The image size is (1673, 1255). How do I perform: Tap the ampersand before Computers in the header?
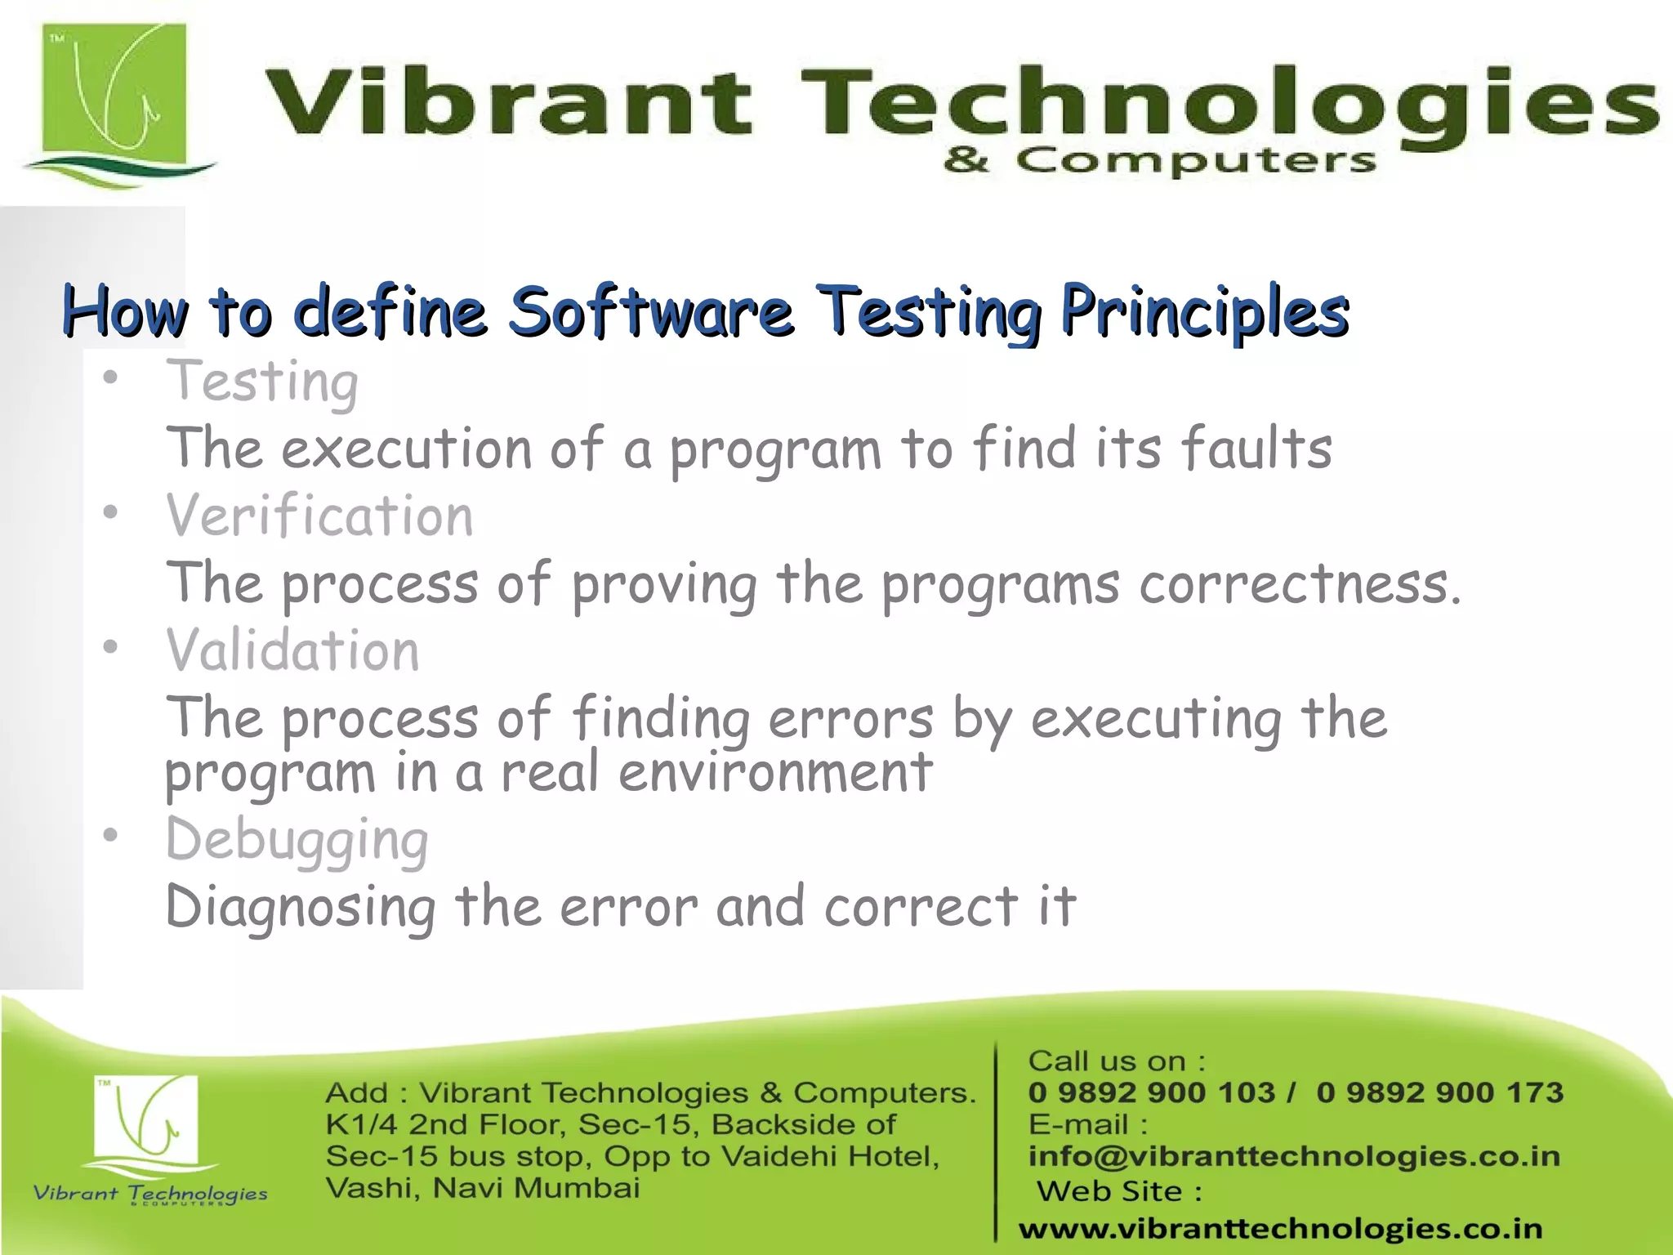(x=966, y=160)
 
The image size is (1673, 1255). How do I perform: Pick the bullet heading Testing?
(x=262, y=382)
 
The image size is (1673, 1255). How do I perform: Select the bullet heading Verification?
(x=319, y=516)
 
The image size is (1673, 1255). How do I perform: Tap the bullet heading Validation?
(x=292, y=651)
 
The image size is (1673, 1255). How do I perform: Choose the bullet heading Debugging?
(x=297, y=839)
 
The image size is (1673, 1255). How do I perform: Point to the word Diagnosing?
(x=301, y=907)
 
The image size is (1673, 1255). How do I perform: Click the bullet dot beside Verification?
(x=111, y=513)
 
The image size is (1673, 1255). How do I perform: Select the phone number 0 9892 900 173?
(x=1439, y=1092)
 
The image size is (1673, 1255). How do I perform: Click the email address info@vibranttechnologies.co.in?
(x=1294, y=1156)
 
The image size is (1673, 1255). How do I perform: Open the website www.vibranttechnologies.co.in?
(x=1280, y=1228)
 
